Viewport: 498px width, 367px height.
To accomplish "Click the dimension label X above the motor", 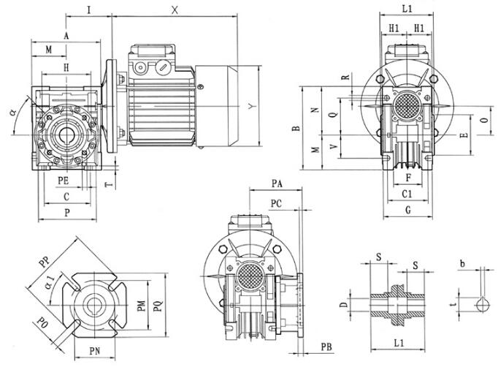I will pyautogui.click(x=175, y=10).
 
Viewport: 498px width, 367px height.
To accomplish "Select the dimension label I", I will pyautogui.click(x=88, y=10).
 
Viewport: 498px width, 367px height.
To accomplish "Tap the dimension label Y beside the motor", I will pyautogui.click(x=250, y=107).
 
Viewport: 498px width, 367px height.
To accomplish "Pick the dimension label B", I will pyautogui.click(x=296, y=129).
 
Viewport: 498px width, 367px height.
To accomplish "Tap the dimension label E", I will pyautogui.click(x=463, y=136).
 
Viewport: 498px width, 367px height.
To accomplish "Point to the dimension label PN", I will pyautogui.click(x=96, y=352).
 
